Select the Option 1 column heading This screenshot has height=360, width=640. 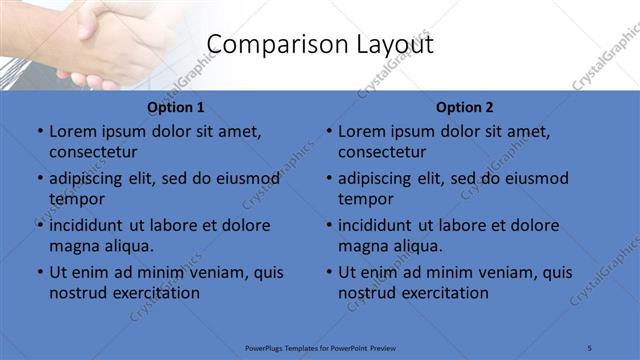click(175, 107)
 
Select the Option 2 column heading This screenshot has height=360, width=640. click(464, 107)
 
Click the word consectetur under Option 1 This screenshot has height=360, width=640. click(93, 152)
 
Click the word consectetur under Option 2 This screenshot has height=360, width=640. click(382, 152)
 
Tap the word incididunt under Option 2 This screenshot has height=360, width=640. click(381, 225)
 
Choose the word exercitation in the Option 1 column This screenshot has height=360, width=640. click(153, 293)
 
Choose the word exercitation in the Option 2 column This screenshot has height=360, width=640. click(442, 293)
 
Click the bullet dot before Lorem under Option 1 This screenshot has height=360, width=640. click(40, 131)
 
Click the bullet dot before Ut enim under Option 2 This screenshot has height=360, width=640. click(329, 272)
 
